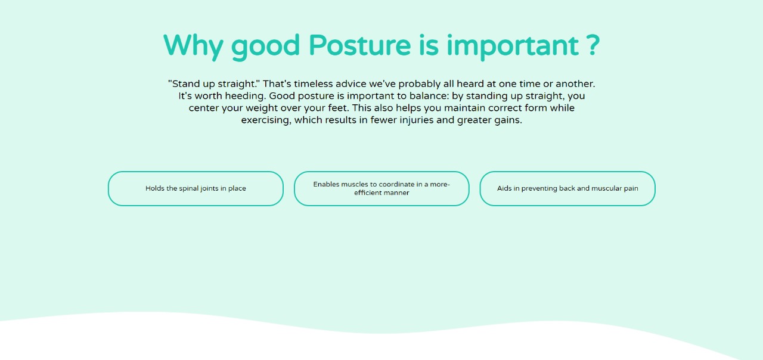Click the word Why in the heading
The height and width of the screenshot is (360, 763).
pos(193,46)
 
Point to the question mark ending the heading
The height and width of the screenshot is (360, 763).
pos(593,45)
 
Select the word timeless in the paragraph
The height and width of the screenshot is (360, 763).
pos(314,84)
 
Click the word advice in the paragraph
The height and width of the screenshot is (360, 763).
pos(351,84)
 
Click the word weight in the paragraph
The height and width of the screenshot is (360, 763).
pos(262,108)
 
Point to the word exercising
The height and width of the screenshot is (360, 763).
pos(266,120)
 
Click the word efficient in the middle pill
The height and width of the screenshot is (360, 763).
pos(366,193)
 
